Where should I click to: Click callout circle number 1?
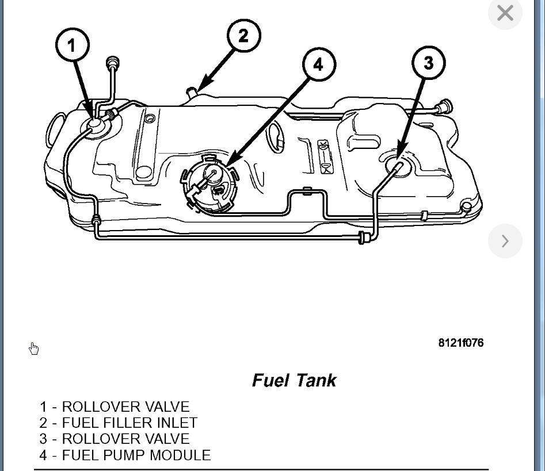tap(73, 45)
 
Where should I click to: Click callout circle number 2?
tap(243, 36)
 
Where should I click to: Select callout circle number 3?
tap(429, 62)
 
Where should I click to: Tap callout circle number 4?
tap(318, 64)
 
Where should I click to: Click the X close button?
tap(505, 13)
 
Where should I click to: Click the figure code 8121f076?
tap(460, 343)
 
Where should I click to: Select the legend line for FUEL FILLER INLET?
tap(119, 423)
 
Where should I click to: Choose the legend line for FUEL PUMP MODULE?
tap(125, 455)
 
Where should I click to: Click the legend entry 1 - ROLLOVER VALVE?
tap(114, 407)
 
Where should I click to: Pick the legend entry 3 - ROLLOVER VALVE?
tap(114, 439)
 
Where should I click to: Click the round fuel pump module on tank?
tap(210, 183)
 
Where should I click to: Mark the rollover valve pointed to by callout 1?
tap(94, 124)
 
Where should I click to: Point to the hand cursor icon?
tap(34, 349)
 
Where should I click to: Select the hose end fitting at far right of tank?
tap(445, 107)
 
